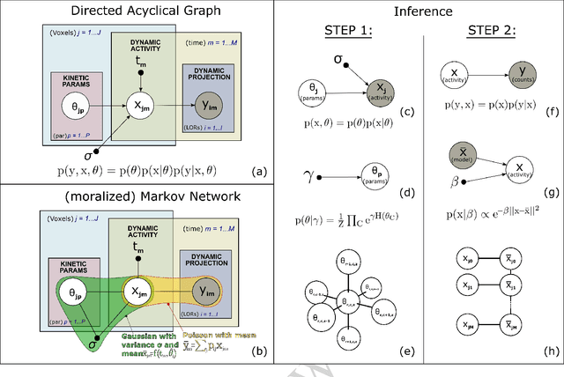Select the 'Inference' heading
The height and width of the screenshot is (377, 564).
[x=421, y=11]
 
